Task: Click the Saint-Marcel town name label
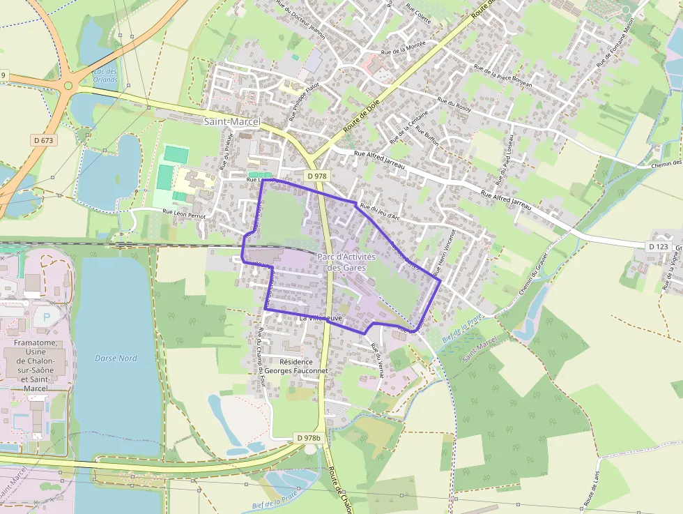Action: (231, 122)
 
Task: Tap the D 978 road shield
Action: (316, 176)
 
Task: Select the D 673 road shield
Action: (43, 140)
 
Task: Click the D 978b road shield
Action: (308, 438)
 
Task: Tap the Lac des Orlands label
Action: (105, 75)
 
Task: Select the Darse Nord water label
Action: (116, 358)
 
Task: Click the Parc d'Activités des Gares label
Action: (346, 262)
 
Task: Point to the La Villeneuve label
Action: (320, 318)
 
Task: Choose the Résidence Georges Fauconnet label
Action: (303, 367)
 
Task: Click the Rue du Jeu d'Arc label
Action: (379, 212)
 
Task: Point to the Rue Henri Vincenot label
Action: (443, 251)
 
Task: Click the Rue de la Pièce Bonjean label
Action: (502, 76)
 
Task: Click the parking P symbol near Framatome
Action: (47, 317)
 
